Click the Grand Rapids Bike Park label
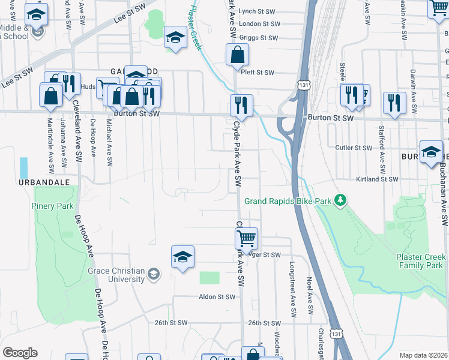tap(288, 201)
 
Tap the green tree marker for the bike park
tap(341, 200)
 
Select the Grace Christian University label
tap(116, 275)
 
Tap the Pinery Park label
tap(52, 206)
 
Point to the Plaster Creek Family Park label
tap(420, 261)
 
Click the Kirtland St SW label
tap(377, 179)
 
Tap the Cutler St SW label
tap(354, 147)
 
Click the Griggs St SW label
tap(259, 37)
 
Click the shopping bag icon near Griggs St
tap(238, 55)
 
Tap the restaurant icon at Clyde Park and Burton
tap(241, 105)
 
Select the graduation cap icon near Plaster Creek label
tap(175, 38)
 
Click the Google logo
tap(20, 353)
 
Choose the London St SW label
tap(259, 24)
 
